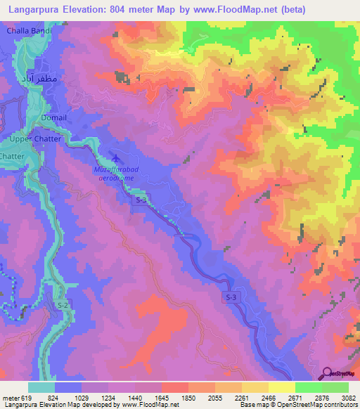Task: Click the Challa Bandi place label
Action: [28, 32]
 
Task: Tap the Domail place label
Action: [54, 117]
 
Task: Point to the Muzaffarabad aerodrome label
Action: [114, 174]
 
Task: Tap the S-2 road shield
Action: [63, 304]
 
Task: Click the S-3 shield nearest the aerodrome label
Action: [141, 200]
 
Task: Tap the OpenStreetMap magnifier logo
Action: [328, 372]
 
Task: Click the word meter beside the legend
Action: [10, 397]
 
